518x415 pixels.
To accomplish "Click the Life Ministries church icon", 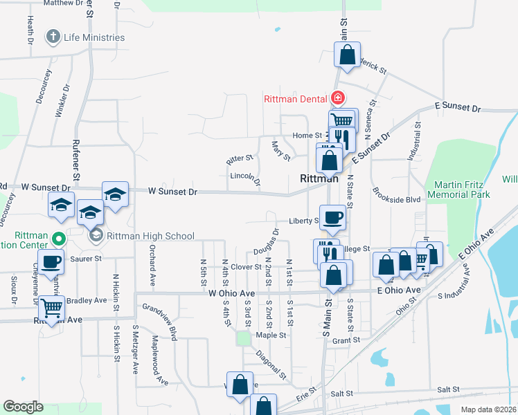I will tap(53, 37).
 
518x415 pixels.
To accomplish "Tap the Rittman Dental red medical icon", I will tap(337, 98).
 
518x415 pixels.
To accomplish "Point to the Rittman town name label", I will tap(319, 178).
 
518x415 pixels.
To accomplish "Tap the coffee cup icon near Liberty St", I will tap(332, 216).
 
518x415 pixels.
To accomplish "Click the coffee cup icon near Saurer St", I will tap(51, 262).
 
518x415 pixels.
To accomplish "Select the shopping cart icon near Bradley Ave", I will tap(51, 306).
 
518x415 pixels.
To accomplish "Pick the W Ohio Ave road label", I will tap(232, 293).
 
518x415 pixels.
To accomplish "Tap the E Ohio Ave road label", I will tap(400, 290).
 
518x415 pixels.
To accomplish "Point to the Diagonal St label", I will tap(271, 365).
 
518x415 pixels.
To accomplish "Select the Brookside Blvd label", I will tap(396, 199).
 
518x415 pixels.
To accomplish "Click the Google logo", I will tap(23, 407).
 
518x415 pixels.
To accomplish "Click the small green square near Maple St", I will tap(243, 338).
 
